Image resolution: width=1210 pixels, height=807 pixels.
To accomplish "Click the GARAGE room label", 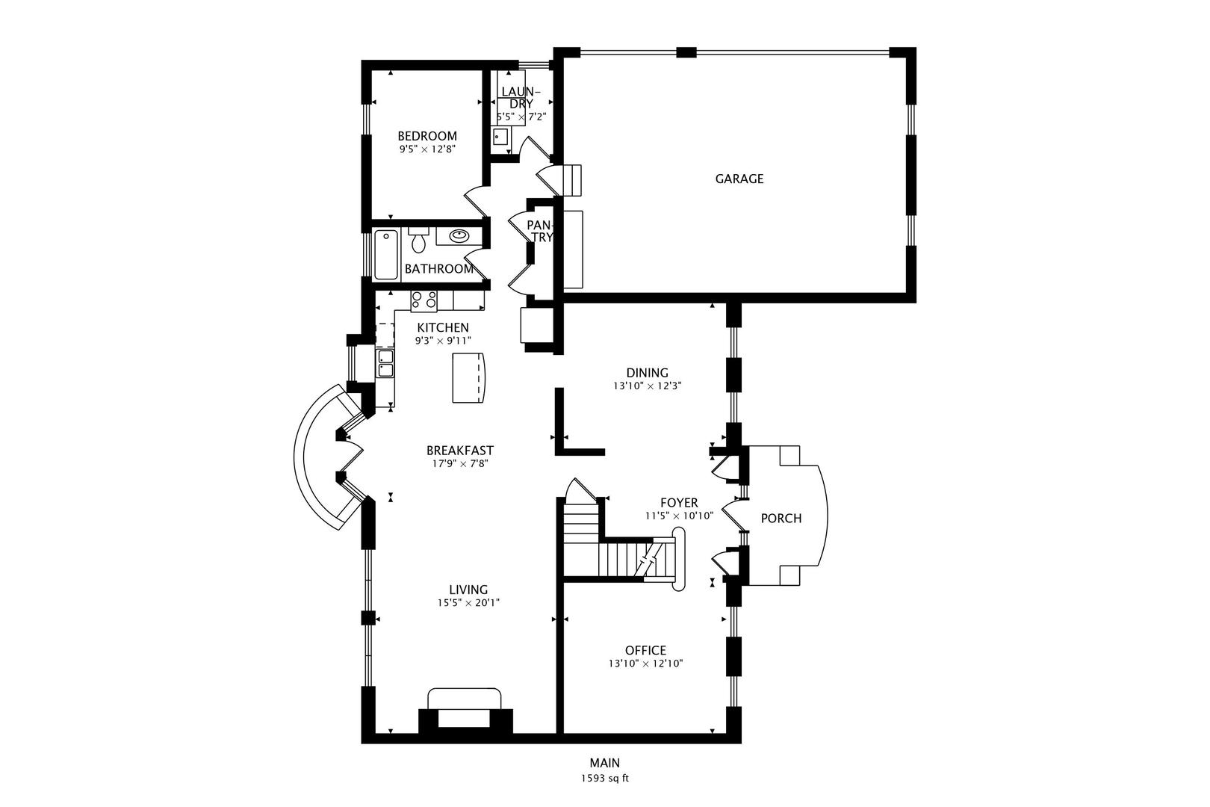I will pyautogui.click(x=739, y=179).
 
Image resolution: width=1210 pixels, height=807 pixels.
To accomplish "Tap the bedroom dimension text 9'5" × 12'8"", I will pyautogui.click(x=426, y=149).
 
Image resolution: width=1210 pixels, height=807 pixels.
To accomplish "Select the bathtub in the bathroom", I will pyautogui.click(x=386, y=254).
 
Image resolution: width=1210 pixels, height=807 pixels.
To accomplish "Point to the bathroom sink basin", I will pyautogui.click(x=458, y=237).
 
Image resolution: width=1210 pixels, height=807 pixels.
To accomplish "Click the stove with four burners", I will pyautogui.click(x=423, y=300).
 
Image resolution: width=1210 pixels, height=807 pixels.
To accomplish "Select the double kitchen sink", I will pyautogui.click(x=385, y=363).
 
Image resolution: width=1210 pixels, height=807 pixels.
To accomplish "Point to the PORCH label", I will pyautogui.click(x=781, y=518).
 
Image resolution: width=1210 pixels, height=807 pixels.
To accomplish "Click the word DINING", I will pyautogui.click(x=646, y=373).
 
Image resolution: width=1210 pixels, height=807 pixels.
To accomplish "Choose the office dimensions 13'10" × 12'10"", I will pyautogui.click(x=645, y=664).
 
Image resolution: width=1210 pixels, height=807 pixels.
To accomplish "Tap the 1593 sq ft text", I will pyautogui.click(x=604, y=778).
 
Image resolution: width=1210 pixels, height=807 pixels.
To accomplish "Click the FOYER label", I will pyautogui.click(x=678, y=503).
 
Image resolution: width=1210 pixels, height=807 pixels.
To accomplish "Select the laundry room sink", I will pyautogui.click(x=500, y=137).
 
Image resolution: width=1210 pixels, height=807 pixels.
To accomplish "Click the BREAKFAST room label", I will pyautogui.click(x=459, y=450).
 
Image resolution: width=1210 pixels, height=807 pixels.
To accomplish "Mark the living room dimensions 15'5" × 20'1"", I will pyautogui.click(x=468, y=602).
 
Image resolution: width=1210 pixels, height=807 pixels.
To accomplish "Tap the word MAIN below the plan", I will pyautogui.click(x=604, y=763).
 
